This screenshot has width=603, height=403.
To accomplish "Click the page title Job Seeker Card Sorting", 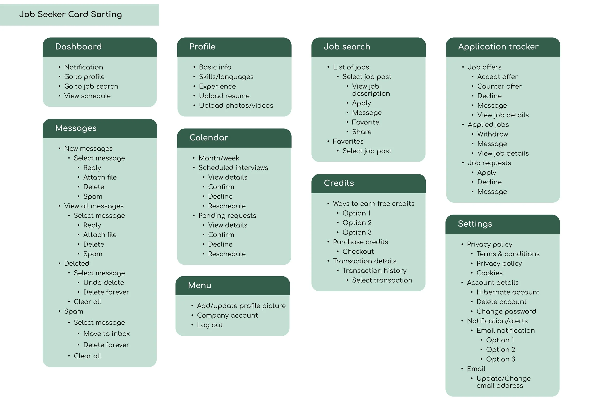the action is [71, 14].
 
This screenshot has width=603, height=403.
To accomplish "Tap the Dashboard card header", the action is [78, 47].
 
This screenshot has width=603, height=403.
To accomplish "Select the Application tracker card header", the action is [498, 47].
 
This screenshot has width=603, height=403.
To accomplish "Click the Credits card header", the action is [339, 183].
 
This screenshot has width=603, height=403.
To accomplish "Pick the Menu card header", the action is [199, 285].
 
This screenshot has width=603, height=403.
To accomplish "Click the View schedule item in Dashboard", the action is [87, 96].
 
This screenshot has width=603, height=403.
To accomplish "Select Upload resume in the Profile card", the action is [224, 96].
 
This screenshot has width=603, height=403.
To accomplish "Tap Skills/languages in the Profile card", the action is [226, 77].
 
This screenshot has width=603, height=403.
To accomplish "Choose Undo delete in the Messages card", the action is [103, 283].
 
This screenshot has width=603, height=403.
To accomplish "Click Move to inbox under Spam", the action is [106, 334].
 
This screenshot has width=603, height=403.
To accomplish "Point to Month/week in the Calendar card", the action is [219, 158].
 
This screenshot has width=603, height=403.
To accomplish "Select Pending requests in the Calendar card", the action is [227, 216].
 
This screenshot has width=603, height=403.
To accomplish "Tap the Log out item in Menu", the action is [210, 325].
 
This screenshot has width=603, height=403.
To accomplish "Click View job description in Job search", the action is [370, 90].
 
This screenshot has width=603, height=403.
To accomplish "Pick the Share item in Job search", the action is [362, 132].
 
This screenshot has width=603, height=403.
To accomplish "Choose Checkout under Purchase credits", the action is [358, 252].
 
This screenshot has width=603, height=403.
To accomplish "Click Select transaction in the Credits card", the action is [382, 280].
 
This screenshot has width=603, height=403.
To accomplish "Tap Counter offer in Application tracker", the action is [499, 86].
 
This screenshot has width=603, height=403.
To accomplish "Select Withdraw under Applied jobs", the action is [493, 134].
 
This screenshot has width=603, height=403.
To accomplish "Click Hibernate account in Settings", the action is [508, 292].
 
